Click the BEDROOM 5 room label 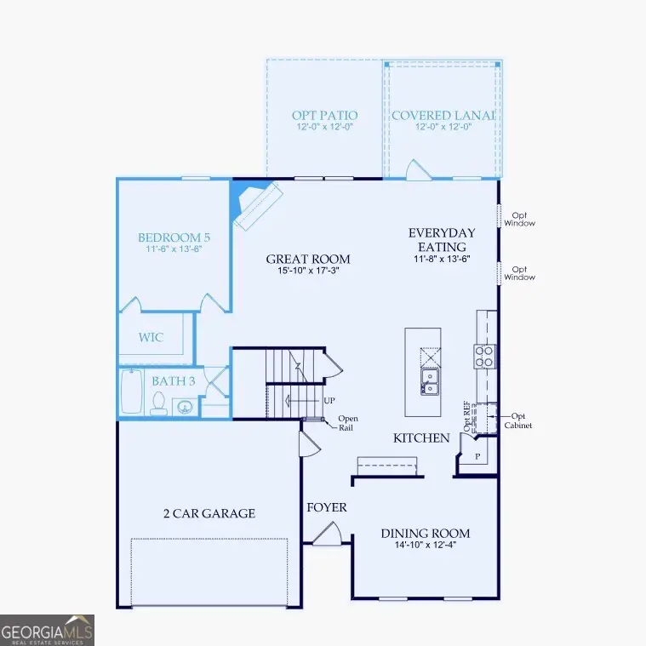[174, 237]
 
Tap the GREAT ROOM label [308, 260]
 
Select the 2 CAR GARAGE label [209, 513]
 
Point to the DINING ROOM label [426, 534]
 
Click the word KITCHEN [421, 438]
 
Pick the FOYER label [327, 508]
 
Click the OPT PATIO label [324, 115]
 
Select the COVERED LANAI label [443, 115]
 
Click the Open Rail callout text [349, 422]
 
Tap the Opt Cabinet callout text [518, 420]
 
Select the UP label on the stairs [329, 400]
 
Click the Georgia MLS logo [47, 630]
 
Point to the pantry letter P [477, 457]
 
